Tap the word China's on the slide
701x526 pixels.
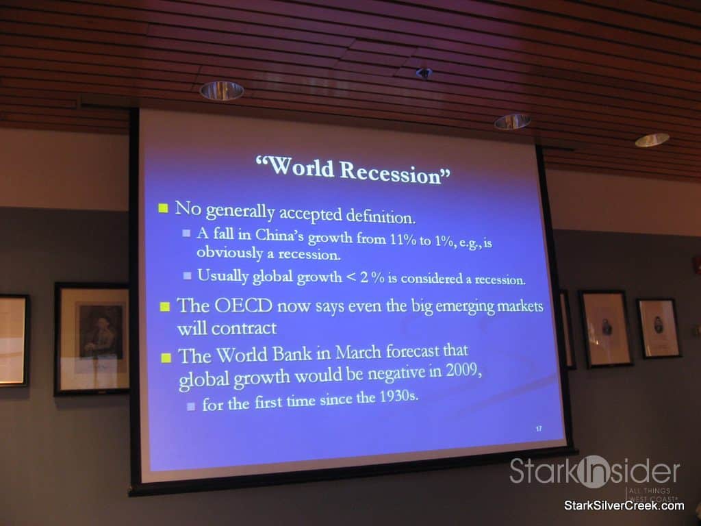pos(279,236)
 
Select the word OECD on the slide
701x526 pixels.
pos(243,306)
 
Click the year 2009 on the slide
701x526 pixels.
pos(462,371)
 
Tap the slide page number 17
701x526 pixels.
pos(539,429)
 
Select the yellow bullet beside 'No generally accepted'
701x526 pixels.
pos(163,208)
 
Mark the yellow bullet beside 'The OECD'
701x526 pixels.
pos(165,307)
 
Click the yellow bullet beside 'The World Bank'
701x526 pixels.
pos(166,358)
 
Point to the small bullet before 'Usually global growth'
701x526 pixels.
pos(188,275)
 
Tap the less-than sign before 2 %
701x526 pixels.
pos(351,277)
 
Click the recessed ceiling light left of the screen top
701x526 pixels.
pos(222,91)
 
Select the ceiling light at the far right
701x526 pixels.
pos(652,140)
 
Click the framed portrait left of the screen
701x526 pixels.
pos(92,338)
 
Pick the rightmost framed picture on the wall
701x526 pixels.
pos(659,328)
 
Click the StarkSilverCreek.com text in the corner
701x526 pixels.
pos(624,506)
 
